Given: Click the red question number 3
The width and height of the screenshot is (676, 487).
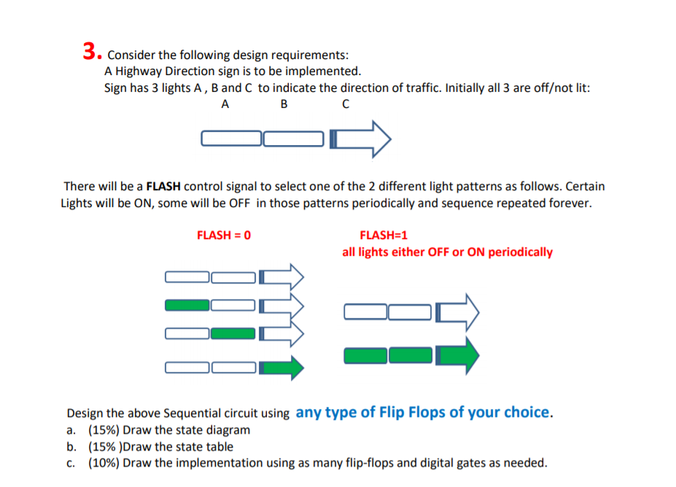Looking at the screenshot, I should [x=90, y=51].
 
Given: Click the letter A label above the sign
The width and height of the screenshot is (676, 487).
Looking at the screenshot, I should [x=225, y=104].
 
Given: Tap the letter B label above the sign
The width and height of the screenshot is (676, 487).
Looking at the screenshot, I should [x=284, y=104].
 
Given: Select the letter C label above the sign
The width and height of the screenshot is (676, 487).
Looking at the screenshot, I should [x=345, y=104].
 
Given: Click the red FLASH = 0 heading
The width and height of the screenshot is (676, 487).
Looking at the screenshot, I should [x=224, y=235].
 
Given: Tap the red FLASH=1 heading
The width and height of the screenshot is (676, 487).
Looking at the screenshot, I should [x=384, y=235].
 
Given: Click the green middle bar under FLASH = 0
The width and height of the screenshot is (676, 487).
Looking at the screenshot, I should [x=233, y=333].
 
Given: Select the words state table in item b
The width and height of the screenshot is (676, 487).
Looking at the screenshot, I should [x=204, y=446].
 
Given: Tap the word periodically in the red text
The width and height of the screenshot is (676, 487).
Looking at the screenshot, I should [x=520, y=252].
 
